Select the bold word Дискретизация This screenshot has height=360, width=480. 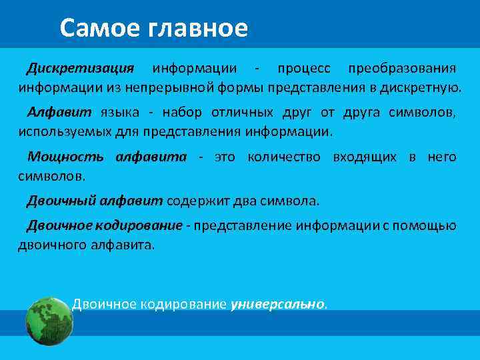pos(80,68)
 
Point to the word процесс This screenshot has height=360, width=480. pos(303,68)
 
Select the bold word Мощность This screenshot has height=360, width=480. pos(65,157)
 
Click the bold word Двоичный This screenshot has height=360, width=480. pos(63,201)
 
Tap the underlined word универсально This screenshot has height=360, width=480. pos(277,305)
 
